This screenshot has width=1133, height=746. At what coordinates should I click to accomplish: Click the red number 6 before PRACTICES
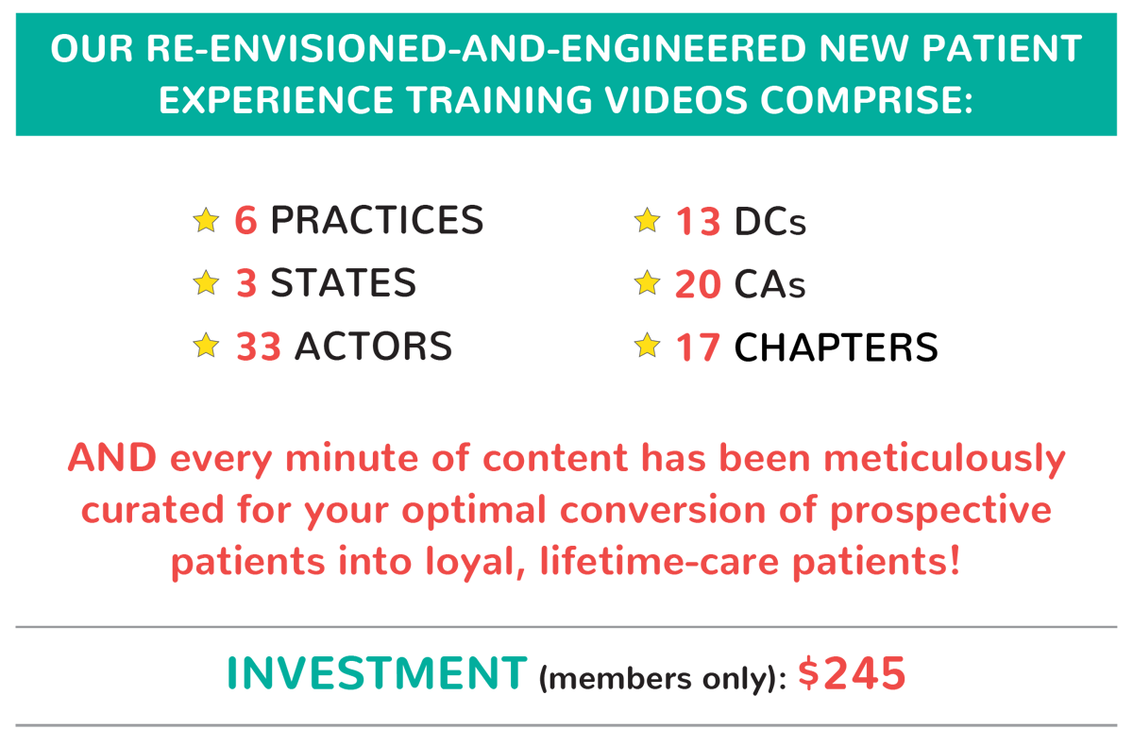pos(245,221)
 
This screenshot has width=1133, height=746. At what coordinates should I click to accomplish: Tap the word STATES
pos(344,282)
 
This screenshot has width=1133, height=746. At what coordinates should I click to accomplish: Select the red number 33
pos(259,347)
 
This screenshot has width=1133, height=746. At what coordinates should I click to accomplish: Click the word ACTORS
pos(373,347)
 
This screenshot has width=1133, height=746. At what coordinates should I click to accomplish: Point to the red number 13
pos(698,222)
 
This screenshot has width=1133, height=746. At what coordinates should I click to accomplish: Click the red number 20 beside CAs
pos(698,284)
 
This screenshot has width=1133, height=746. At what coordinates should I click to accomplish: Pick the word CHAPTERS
pos(837,348)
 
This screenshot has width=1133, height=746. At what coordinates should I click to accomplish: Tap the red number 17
pos(698,348)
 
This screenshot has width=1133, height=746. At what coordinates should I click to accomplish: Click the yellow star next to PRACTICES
pos(206,220)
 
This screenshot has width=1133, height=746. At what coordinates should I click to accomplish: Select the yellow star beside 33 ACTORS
pos(206,345)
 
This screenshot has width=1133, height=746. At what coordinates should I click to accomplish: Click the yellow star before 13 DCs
pos(647,220)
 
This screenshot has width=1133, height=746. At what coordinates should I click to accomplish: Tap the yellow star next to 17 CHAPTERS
pos(647,345)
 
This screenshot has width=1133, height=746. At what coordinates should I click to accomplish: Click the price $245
pos(852,673)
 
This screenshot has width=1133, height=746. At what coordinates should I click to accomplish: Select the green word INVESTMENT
pos(378,673)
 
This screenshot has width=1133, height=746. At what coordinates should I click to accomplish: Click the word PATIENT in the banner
pos(1002,49)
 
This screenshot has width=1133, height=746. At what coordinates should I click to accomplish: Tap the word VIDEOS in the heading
pos(676,100)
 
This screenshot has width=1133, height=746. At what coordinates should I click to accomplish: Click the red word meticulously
pos(944,459)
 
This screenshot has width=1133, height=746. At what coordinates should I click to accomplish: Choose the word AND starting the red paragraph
pos(112,458)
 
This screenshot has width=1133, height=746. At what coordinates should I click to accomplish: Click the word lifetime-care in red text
pos(660,562)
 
